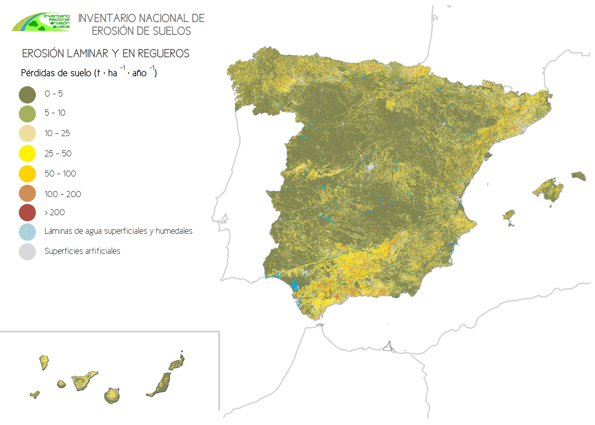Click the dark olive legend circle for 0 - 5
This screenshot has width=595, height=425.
(x=27, y=95)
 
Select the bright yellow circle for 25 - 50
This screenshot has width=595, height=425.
(x=27, y=153)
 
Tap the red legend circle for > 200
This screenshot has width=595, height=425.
(x=27, y=212)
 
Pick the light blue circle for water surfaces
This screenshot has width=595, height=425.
(x=27, y=232)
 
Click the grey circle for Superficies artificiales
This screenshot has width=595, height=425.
(x=27, y=252)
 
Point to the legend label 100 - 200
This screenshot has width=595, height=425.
(x=63, y=194)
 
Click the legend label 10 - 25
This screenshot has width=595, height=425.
(x=57, y=133)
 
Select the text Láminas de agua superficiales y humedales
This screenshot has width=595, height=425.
(x=118, y=231)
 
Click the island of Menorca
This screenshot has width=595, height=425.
(x=579, y=176)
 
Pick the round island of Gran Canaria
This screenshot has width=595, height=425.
(x=112, y=396)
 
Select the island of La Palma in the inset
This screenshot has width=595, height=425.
(x=44, y=361)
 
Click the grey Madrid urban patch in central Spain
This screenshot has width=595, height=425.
(x=370, y=167)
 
